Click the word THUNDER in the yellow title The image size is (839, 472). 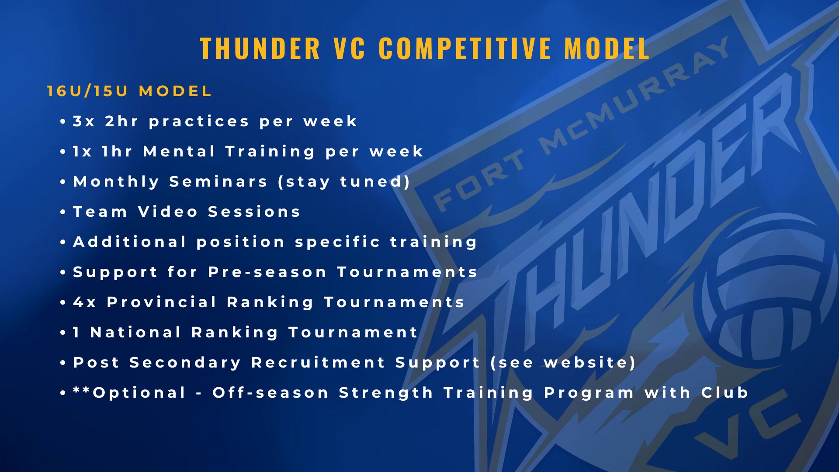[x=260, y=48]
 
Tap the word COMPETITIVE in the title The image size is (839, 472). [x=465, y=48]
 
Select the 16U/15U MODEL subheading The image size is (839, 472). [x=129, y=91]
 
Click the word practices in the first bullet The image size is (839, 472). [x=199, y=121]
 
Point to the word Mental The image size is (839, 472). [x=179, y=151]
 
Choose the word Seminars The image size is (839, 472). [x=218, y=181]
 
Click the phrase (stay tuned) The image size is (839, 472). [x=344, y=182]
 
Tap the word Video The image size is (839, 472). [x=168, y=212]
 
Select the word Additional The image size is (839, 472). [x=130, y=242]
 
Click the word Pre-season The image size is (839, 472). [x=267, y=272]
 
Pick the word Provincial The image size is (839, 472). [x=162, y=302]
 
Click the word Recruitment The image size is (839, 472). [x=318, y=362]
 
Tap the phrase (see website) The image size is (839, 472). [x=563, y=363]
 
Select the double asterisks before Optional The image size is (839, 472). [x=83, y=390]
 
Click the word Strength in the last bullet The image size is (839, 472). [x=386, y=393]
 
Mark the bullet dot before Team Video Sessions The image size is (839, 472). [x=63, y=212]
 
